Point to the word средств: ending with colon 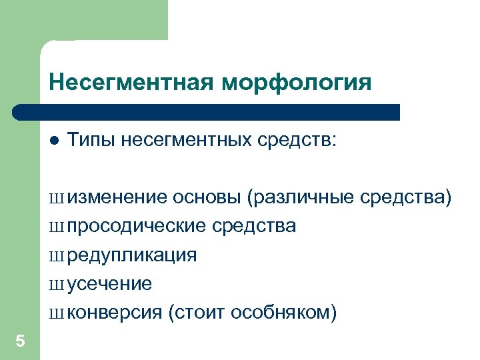pyautogui.click(x=297, y=140)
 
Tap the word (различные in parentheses pyautogui.click(x=300, y=197)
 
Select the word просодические pyautogui.click(x=136, y=227)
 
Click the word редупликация pyautogui.click(x=132, y=255)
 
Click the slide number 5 pyautogui.click(x=20, y=341)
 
